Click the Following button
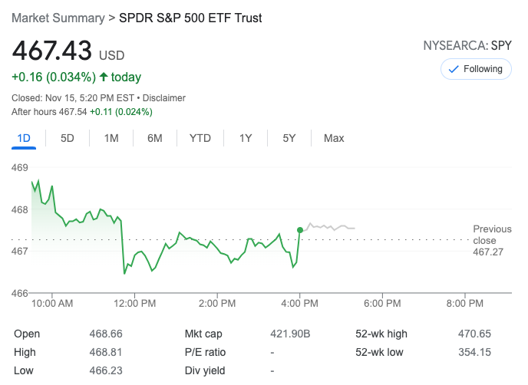[x=476, y=69]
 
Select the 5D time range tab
[x=68, y=138]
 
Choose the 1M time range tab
[x=111, y=138]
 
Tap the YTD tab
[x=200, y=138]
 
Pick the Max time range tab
[x=334, y=138]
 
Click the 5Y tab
[x=289, y=138]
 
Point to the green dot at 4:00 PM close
[x=299, y=229]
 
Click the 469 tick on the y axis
[x=20, y=167]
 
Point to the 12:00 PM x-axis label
[x=134, y=304]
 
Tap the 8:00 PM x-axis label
[x=464, y=304]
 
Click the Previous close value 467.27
[x=488, y=252]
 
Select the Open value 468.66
[x=106, y=334]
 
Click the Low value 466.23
[x=106, y=370]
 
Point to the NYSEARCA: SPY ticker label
[x=467, y=46]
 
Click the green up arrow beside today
[x=103, y=77]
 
